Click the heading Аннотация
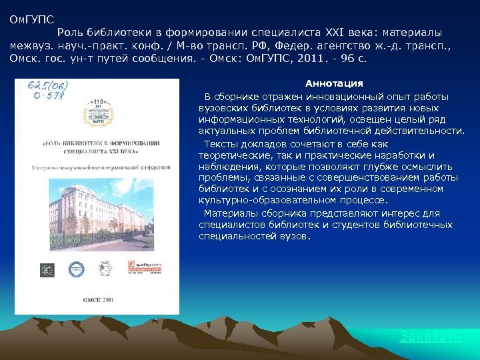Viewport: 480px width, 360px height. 334,83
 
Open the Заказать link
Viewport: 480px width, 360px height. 429,337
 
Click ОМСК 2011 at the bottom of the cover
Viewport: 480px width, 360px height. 100,299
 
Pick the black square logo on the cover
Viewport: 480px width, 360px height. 47,270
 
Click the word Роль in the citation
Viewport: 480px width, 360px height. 69,33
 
